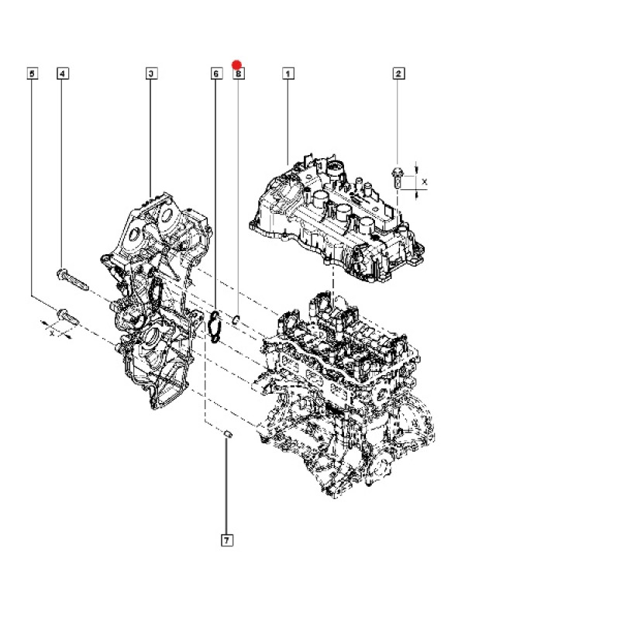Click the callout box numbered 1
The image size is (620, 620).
click(x=288, y=74)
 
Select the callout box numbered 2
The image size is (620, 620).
click(x=398, y=74)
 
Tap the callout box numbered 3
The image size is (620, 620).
click(x=151, y=74)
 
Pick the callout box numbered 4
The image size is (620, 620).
click(x=63, y=74)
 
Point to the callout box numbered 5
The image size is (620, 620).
click(x=33, y=74)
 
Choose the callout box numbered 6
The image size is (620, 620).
click(x=216, y=74)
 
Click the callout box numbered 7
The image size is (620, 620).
click(x=226, y=540)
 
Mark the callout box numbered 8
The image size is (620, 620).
click(x=239, y=74)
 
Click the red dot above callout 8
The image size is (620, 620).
click(x=237, y=65)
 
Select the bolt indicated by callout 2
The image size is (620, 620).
click(x=397, y=178)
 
